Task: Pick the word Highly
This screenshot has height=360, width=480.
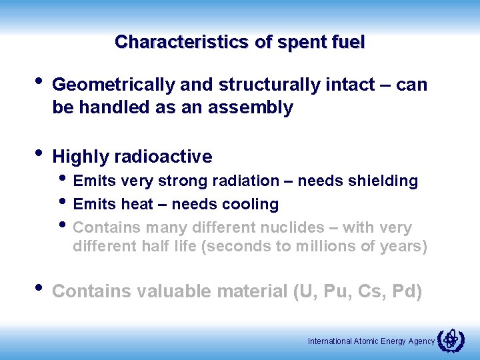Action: coord(81,157)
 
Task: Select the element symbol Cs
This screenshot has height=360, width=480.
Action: coord(373,291)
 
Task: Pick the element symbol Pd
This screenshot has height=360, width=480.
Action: coord(406,291)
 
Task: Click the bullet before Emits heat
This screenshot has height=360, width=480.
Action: coord(63,203)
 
